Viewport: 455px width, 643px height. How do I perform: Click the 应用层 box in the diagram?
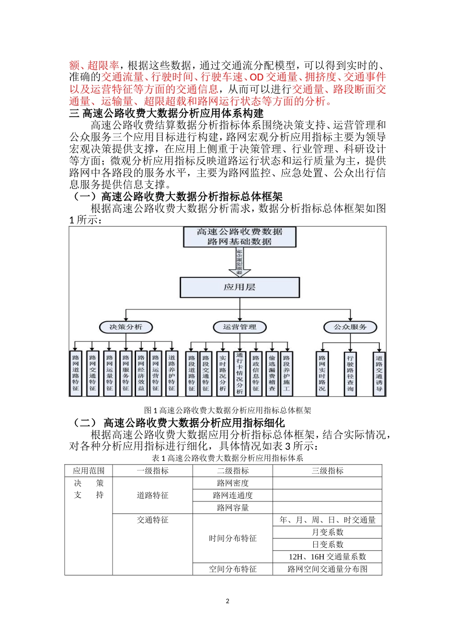coord(239,287)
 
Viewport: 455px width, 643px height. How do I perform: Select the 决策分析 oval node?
coord(125,327)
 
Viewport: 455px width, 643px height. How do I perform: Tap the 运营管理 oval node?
coord(239,327)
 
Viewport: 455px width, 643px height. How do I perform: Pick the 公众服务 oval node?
coord(350,327)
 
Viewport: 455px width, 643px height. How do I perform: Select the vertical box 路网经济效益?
coord(141,374)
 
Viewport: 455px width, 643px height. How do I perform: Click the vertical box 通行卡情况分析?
coord(239,374)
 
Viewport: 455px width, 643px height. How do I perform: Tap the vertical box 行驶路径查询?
coord(350,374)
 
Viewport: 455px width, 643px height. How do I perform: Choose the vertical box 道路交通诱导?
coord(379,374)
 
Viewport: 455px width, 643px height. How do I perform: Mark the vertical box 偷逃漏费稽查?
coord(272,374)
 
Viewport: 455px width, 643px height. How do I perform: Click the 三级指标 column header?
coord(327,471)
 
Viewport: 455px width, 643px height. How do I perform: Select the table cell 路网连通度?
coord(233,496)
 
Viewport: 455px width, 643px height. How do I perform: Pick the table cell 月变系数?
coord(327,532)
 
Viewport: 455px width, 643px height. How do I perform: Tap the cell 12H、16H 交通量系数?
coord(327,557)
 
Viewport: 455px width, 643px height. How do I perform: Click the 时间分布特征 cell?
coord(233,539)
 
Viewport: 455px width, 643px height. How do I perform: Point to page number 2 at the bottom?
coord(227,601)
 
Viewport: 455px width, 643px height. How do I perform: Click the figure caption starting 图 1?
coord(227,410)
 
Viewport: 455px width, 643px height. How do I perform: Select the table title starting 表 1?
coord(227,458)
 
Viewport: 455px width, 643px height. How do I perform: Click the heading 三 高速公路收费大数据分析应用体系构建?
coord(166,113)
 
